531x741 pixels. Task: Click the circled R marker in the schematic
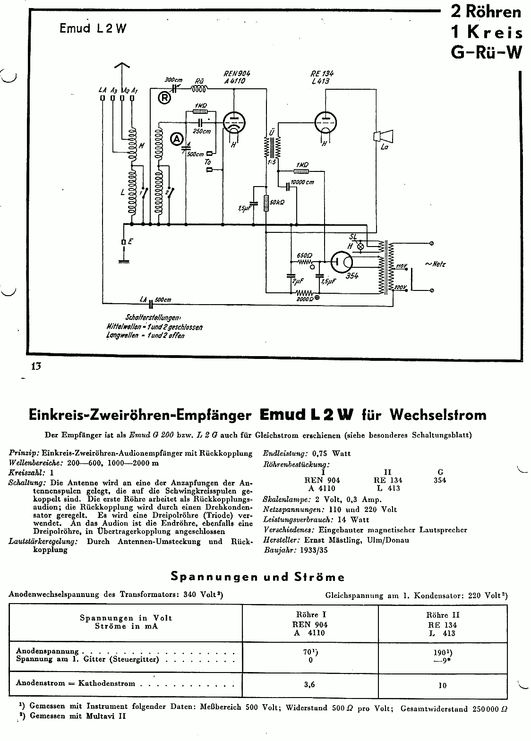tap(164, 98)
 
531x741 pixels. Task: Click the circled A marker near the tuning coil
tap(177, 139)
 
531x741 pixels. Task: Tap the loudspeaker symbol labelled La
tap(383, 136)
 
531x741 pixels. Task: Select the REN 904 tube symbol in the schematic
tap(234, 122)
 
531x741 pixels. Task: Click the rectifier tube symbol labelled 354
tap(342, 262)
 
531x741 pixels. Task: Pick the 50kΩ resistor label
tap(277, 202)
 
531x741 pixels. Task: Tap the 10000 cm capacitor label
tap(302, 182)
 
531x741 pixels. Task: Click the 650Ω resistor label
tap(304, 255)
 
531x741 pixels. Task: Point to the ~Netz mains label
tap(435, 264)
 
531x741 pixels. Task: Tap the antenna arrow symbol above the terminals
tap(122, 66)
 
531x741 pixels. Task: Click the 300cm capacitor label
tap(173, 80)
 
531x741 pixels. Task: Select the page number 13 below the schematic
tap(36, 366)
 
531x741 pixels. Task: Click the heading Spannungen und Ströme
tap(257, 577)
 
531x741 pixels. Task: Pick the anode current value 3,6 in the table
tap(309, 685)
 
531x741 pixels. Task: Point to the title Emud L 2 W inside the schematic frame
tap(93, 28)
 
